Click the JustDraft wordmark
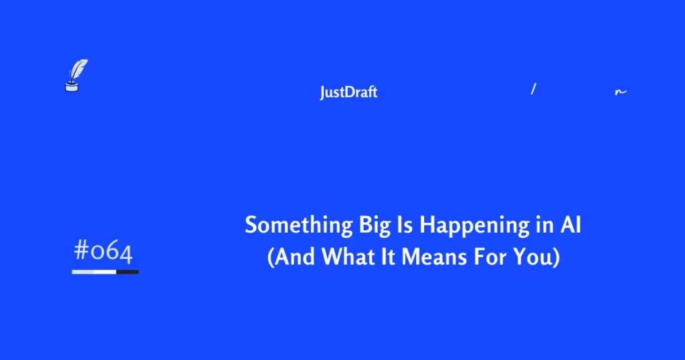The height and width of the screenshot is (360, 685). coord(349,92)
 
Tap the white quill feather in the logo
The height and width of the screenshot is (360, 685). coord(80,69)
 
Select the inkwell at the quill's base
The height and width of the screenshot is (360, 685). coord(70,85)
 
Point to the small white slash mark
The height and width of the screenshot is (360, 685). coord(533,89)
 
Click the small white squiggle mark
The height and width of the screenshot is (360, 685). coord(621,92)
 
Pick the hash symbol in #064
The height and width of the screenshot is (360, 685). coord(82,252)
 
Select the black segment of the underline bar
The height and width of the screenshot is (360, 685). coord(127,272)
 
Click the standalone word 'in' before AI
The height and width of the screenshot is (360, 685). coord(540,225)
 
